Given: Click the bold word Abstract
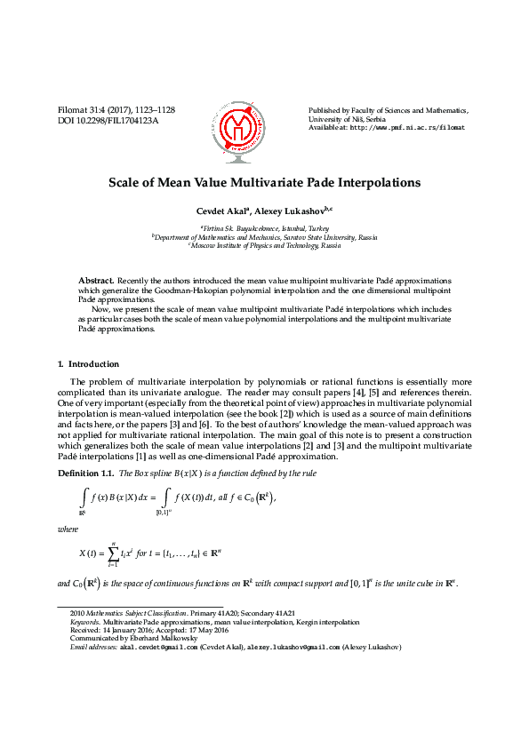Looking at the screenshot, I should (x=96, y=280).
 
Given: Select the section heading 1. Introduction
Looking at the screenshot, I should (x=88, y=364).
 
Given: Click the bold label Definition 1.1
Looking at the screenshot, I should (x=86, y=471).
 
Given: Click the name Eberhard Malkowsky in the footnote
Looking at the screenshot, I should (x=170, y=639).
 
